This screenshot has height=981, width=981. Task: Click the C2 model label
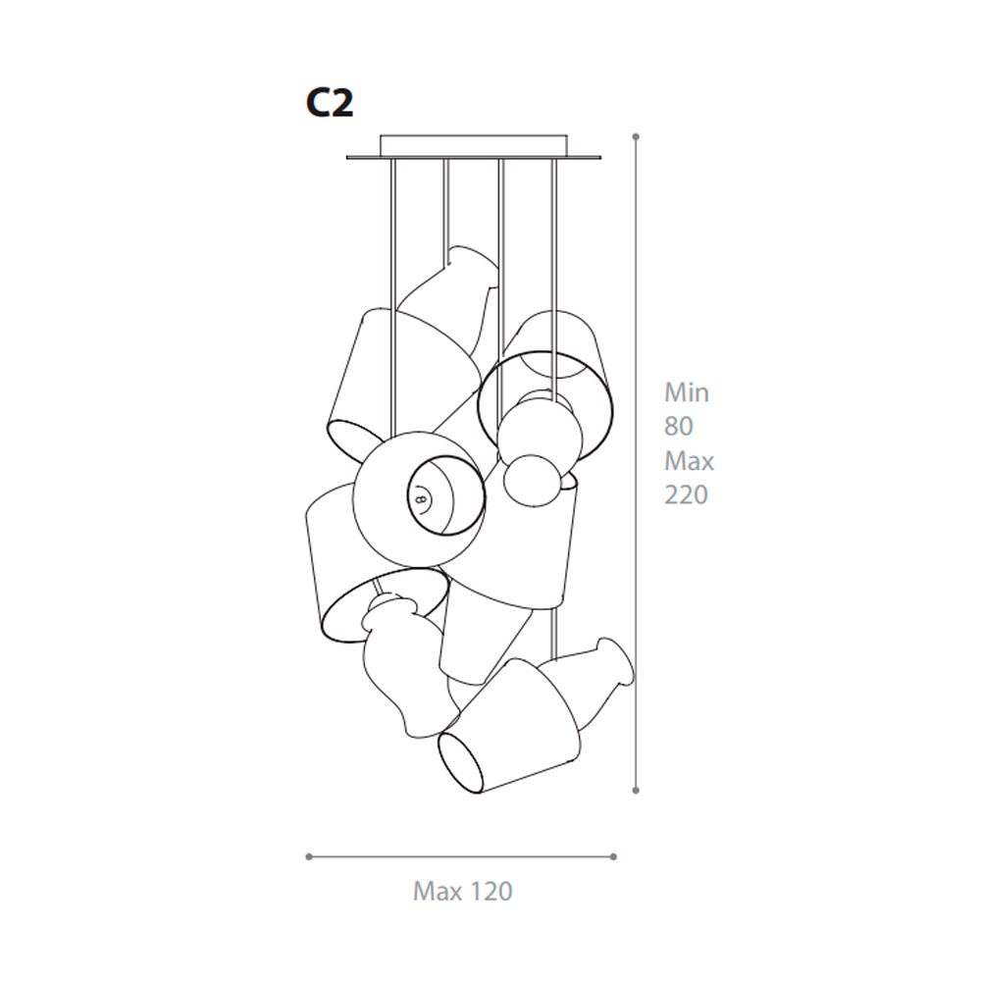(330, 103)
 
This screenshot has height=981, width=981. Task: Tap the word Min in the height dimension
(687, 393)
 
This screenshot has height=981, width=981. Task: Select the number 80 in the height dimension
(679, 427)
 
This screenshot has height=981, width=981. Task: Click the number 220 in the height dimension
(687, 494)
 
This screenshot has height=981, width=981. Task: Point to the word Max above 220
(689, 461)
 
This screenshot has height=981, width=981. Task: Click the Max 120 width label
(463, 891)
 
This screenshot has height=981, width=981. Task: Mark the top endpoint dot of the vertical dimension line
(636, 136)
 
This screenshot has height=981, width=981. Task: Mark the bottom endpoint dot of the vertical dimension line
(636, 791)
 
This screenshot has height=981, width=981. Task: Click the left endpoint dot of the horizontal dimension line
(309, 856)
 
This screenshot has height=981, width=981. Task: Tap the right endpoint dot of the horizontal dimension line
(614, 856)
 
